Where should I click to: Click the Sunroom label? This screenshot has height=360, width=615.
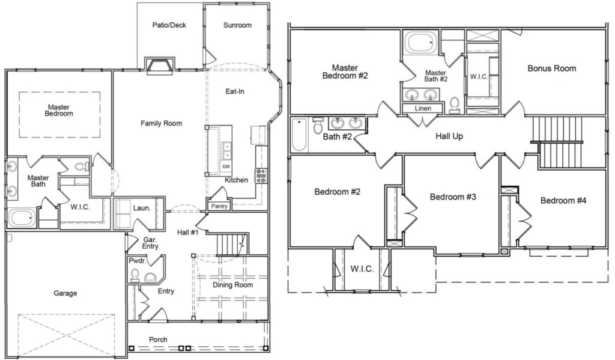tap(237, 25)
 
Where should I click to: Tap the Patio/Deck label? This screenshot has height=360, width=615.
tap(169, 25)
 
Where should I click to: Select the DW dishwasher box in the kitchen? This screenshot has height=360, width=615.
tap(226, 166)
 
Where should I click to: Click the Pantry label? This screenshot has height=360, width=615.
tap(219, 206)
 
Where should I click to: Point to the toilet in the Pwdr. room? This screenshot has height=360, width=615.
tap(135, 275)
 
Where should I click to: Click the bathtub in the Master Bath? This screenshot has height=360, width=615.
tap(22, 218)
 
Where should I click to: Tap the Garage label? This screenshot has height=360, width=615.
tap(65, 293)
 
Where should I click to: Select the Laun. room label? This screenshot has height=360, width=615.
tap(142, 208)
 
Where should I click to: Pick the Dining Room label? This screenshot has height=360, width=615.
tap(232, 285)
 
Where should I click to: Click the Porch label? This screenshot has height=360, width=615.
tap(158, 340)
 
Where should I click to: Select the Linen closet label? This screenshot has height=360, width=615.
tap(423, 108)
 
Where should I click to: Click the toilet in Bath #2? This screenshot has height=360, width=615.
tap(318, 126)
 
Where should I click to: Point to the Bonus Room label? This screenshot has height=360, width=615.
tap(551, 69)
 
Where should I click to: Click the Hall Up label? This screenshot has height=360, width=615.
tap(449, 136)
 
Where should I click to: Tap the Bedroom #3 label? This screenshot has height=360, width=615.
tap(453, 197)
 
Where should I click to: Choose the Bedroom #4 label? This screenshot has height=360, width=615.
tap(563, 201)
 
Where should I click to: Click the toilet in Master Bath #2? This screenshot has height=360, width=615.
tap(455, 105)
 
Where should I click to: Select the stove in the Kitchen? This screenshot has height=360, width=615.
tap(261, 175)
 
